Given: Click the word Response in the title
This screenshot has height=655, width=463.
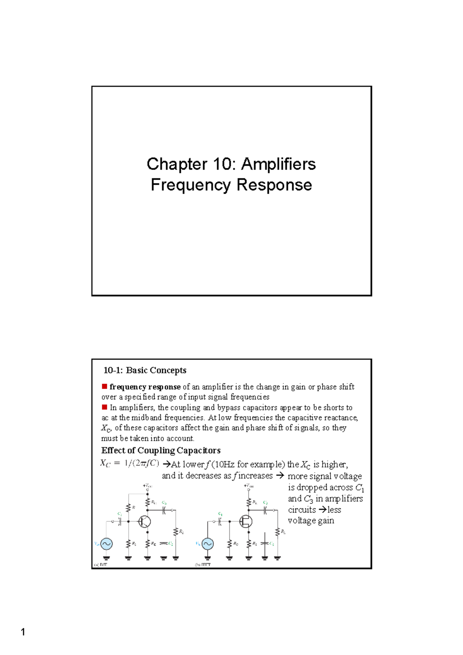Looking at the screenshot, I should tap(274, 185).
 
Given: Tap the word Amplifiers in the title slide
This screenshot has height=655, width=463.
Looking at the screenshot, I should tap(279, 164).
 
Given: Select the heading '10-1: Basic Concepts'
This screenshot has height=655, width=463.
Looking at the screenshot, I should tap(145, 370).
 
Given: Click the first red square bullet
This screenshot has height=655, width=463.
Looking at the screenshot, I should tap(104, 386).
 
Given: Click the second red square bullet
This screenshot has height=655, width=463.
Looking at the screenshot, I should tap(104, 407).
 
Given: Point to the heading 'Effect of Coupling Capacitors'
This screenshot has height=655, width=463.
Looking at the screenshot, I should tap(161, 450).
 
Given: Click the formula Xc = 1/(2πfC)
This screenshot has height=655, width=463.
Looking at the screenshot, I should tap(130, 463).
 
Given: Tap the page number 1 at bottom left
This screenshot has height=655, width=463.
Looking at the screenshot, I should tap(23, 632).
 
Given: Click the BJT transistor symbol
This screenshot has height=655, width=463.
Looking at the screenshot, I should tap(145, 522).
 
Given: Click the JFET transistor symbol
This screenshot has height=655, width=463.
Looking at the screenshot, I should tap(246, 522).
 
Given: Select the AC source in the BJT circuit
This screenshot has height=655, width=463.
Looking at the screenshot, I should tap(106, 544).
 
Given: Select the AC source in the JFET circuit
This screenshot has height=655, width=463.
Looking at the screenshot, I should tap(208, 544).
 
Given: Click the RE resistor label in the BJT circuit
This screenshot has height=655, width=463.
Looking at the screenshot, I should tap(154, 544).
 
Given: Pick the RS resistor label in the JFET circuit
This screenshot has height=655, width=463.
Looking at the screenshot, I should tap(255, 544).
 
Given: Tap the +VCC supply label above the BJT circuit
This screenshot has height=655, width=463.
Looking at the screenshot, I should tap(148, 486).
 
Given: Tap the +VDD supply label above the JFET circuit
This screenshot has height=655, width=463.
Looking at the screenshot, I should tap(249, 486).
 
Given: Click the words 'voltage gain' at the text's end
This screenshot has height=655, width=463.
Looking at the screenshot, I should tap(311, 521).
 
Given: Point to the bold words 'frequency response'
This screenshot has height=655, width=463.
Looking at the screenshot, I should tap(145, 387).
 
